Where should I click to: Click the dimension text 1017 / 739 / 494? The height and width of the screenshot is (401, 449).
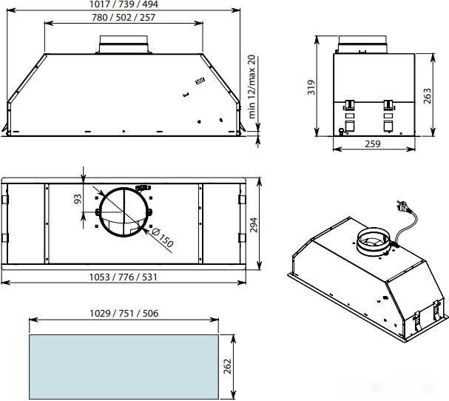124,4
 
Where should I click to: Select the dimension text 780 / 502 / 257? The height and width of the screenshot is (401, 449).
124,18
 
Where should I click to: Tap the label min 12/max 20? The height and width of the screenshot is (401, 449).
251,87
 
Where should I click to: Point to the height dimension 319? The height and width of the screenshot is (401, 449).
311,87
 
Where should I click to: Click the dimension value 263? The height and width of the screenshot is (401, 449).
427,96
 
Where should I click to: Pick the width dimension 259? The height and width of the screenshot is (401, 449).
373,144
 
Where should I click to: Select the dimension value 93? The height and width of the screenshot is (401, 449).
78,199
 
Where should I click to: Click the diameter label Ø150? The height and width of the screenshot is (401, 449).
162,237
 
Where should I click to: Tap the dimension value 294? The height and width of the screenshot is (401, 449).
254,225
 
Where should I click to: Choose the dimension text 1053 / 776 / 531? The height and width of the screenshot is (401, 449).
124,277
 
